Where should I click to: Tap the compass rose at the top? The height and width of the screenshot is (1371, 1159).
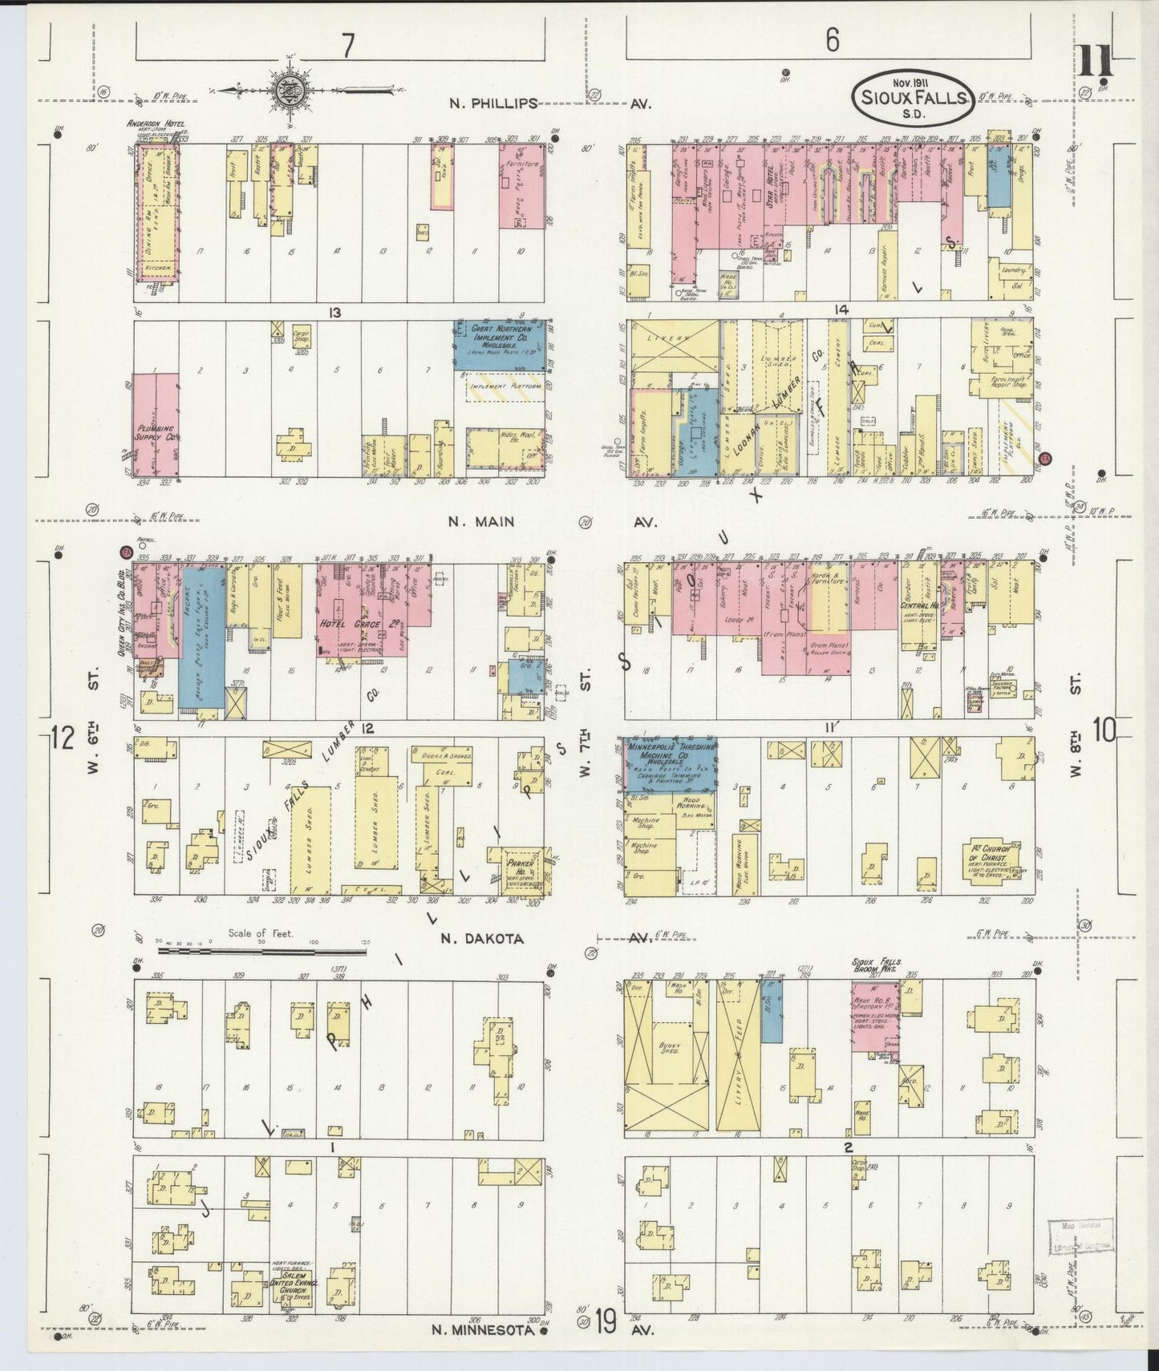[287, 89]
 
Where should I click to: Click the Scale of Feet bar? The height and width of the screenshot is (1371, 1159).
[261, 951]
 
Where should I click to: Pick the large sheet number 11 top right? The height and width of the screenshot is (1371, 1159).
[1094, 61]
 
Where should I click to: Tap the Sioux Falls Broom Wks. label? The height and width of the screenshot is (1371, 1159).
[883, 965]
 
